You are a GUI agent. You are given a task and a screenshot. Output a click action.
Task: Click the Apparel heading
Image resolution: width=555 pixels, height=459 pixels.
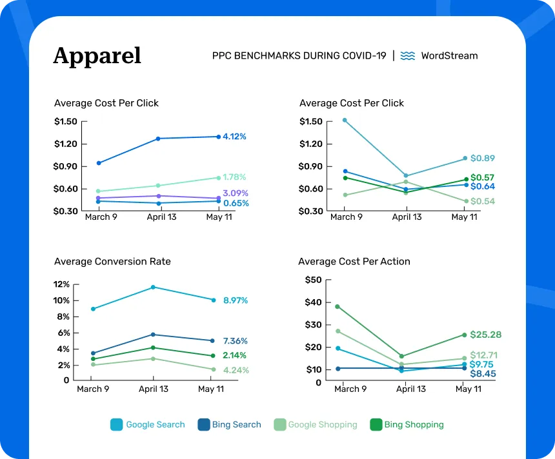tap(97, 56)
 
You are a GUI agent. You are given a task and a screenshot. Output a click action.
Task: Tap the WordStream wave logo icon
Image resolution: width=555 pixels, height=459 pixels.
tap(407, 56)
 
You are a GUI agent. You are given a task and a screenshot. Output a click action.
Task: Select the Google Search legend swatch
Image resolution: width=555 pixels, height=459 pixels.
tap(116, 425)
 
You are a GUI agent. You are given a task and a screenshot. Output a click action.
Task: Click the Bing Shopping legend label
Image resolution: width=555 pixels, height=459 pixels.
tap(414, 425)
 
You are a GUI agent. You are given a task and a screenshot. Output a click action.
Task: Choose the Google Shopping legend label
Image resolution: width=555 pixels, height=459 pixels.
tap(322, 425)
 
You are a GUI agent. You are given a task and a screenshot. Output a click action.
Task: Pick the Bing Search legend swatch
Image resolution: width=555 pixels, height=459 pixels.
tap(203, 425)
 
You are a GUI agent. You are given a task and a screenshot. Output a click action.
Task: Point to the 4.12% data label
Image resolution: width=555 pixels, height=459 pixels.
tap(234, 137)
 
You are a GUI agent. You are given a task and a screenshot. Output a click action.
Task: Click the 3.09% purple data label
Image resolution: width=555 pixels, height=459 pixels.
tap(235, 193)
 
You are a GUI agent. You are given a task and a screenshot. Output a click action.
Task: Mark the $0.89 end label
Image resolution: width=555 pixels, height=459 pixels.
tap(482, 159)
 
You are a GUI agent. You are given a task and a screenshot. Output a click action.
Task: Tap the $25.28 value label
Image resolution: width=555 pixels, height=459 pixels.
tap(485, 335)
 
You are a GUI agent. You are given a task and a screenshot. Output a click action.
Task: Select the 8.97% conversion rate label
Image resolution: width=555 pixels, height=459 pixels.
tap(235, 300)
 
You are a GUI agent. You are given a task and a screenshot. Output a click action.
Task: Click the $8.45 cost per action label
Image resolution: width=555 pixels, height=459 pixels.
tap(482, 373)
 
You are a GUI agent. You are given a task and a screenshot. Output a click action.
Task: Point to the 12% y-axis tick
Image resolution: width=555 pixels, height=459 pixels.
tap(61, 284)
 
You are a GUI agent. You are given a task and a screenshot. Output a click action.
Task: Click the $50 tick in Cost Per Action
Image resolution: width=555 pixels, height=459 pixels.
tap(313, 280)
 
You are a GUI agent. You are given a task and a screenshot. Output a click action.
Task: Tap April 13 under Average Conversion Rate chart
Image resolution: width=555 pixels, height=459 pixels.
tap(153, 389)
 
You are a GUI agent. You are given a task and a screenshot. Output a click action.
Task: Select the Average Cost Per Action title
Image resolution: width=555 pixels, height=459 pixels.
tap(354, 262)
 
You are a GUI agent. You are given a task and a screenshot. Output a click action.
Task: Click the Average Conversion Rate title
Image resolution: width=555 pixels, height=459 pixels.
tap(112, 262)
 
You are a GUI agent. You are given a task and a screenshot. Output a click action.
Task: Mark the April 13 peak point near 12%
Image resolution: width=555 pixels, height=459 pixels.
tap(153, 287)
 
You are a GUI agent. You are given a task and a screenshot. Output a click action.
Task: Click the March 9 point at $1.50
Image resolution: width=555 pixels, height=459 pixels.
tap(345, 120)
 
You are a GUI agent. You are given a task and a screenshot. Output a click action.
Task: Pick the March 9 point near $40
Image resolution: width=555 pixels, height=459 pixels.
tap(337, 306)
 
